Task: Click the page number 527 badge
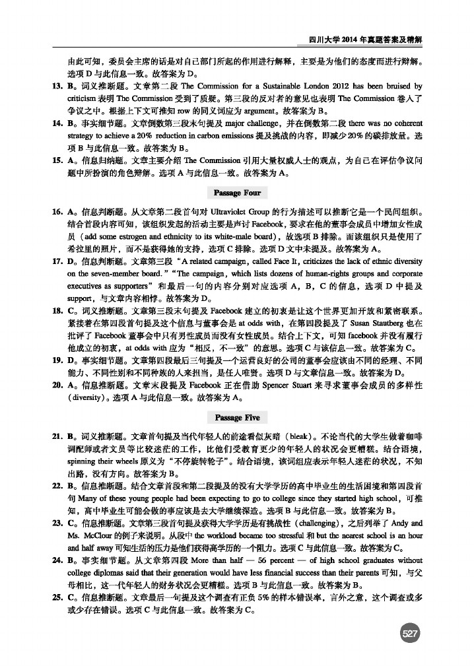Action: click(410, 634)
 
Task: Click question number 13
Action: click(57, 86)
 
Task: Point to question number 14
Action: click(57, 123)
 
